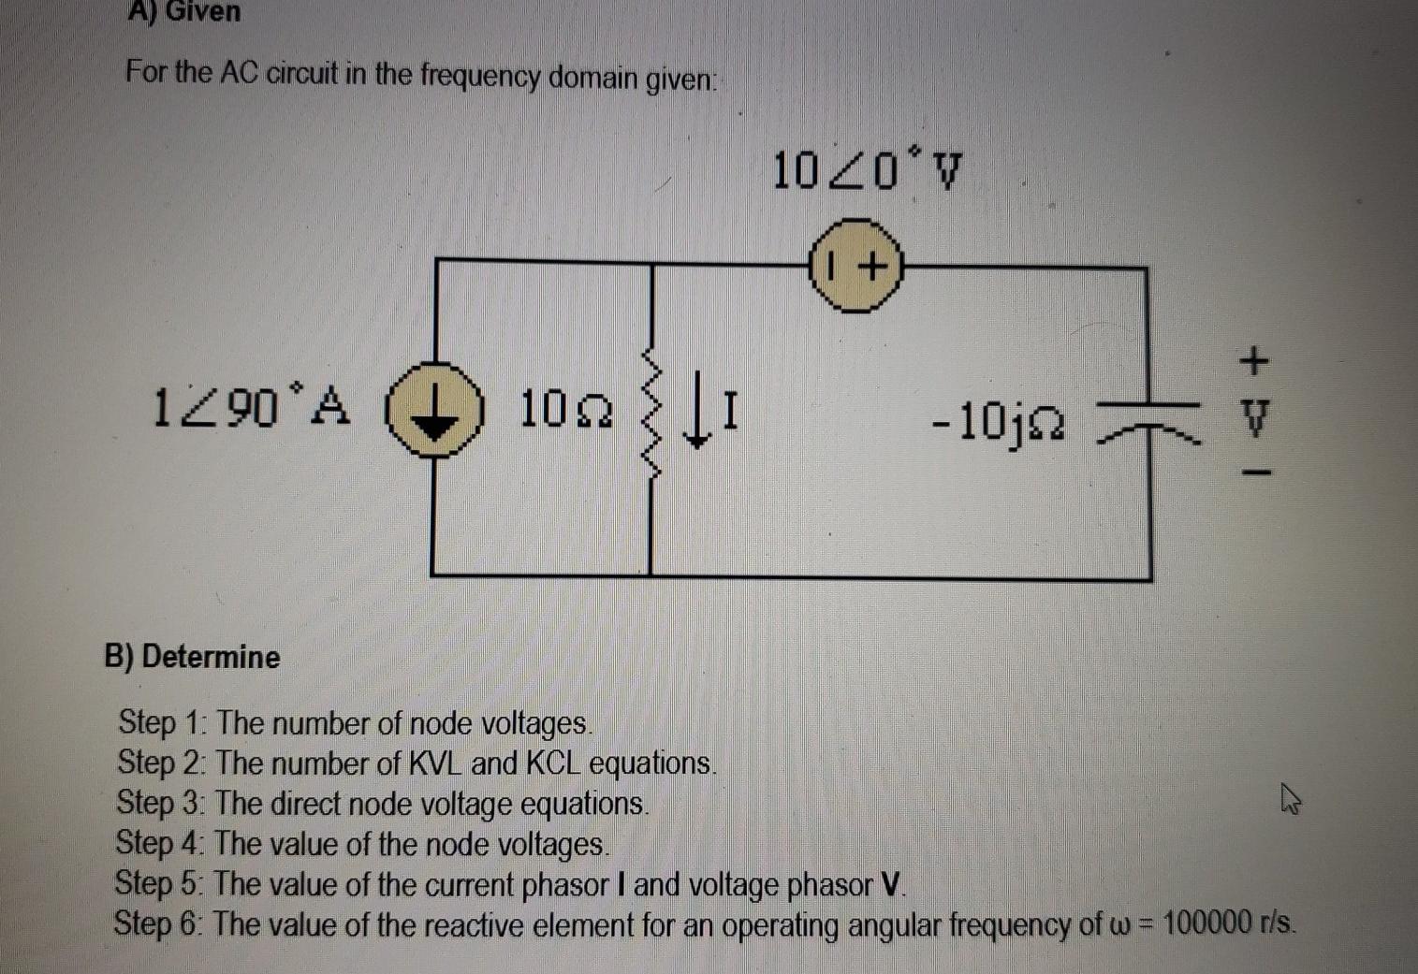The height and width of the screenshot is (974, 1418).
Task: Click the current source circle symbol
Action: (433, 413)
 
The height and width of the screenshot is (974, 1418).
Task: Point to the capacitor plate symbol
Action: (1148, 417)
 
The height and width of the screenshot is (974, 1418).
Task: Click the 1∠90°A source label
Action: (251, 407)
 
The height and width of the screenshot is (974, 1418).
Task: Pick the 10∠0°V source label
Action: (867, 171)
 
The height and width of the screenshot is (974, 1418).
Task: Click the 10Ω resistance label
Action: (566, 410)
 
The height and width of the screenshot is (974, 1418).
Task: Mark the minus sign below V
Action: (1256, 473)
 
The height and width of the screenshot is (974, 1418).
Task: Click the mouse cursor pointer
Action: (1291, 800)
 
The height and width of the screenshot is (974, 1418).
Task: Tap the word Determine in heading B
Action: (211, 657)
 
